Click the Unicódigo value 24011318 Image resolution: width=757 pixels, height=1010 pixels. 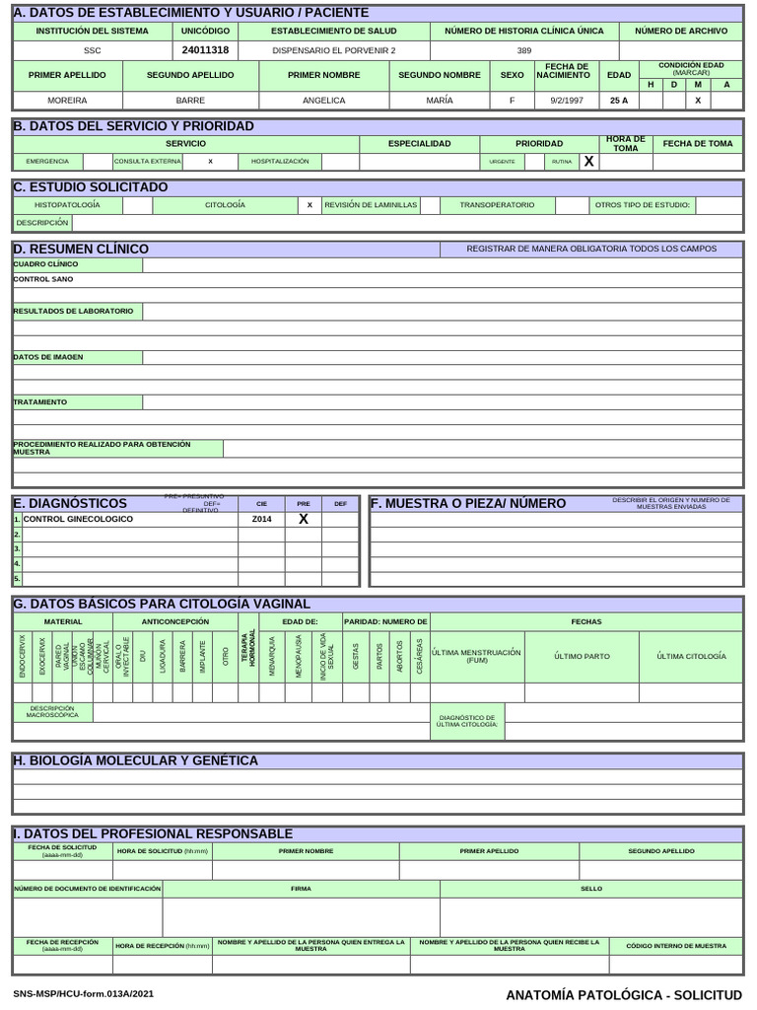(205, 49)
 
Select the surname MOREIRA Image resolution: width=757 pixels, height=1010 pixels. (67, 100)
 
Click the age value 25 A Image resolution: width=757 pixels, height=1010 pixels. (619, 100)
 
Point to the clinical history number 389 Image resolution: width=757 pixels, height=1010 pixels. (523, 49)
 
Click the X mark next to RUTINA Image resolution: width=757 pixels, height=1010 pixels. (588, 161)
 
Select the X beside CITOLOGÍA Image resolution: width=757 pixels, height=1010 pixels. (310, 205)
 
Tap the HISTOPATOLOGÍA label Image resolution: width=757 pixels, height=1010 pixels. (67, 205)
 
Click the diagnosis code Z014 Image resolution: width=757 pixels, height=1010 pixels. (261, 519)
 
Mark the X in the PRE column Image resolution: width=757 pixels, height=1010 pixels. (304, 519)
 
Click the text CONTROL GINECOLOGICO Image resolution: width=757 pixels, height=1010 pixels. (78, 519)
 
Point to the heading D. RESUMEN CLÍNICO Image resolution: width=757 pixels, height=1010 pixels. (81, 249)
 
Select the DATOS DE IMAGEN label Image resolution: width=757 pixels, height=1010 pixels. (48, 356)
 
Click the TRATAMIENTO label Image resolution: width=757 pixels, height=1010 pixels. (40, 401)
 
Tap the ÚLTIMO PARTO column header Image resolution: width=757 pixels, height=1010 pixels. (582, 656)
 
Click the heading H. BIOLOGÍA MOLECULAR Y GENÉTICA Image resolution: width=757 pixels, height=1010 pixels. (136, 760)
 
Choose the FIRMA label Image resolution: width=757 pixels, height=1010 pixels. (301, 889)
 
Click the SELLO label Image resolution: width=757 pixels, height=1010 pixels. (591, 889)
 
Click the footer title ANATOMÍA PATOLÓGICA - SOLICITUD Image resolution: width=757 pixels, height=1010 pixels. (623, 995)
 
